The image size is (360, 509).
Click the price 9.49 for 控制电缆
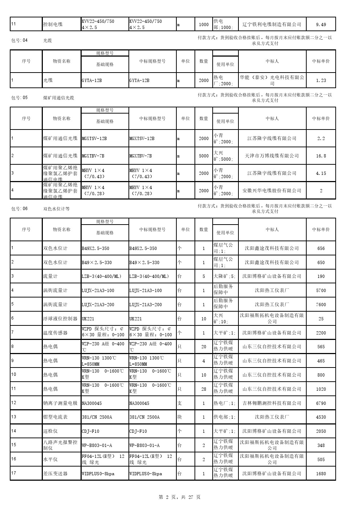321,25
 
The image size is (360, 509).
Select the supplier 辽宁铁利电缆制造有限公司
272,25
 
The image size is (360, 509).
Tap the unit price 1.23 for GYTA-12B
321,81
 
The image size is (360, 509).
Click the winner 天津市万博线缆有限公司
272,156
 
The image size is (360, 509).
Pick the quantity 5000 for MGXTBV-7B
204,156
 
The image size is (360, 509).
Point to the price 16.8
321,156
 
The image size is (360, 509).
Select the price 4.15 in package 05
321,173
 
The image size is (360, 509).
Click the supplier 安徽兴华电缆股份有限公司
272,190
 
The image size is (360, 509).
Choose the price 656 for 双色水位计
321,249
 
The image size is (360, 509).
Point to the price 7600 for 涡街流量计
321,305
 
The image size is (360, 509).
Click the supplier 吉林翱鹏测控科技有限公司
272,403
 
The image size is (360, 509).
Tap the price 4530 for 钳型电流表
321,417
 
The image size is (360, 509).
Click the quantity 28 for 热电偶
204,389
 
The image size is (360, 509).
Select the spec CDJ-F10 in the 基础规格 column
90,431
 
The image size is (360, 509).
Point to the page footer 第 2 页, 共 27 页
180,497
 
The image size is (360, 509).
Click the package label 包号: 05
20,98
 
